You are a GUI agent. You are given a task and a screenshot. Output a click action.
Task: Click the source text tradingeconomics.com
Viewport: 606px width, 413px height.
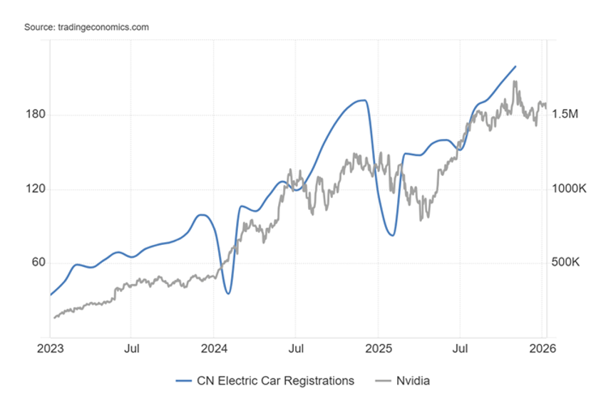86,27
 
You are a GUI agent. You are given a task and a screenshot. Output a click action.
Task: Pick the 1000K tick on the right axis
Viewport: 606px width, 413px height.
568,189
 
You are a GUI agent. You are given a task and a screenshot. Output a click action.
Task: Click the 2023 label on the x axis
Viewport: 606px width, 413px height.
50,349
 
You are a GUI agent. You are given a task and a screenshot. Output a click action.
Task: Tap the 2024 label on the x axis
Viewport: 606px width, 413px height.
215,349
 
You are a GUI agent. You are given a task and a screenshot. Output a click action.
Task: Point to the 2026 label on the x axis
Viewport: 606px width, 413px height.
543,349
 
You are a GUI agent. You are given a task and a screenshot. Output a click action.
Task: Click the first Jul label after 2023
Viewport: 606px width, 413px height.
131,349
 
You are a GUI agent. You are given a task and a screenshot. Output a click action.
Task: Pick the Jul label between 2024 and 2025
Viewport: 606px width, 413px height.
297,349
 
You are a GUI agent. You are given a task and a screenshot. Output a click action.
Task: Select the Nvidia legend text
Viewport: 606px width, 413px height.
414,381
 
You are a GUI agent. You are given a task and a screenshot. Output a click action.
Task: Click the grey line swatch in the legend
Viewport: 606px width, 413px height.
383,381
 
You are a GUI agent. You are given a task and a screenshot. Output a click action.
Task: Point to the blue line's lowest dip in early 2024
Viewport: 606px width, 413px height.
228,293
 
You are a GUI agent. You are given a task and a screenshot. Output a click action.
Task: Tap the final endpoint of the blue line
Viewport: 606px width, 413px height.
515,66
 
